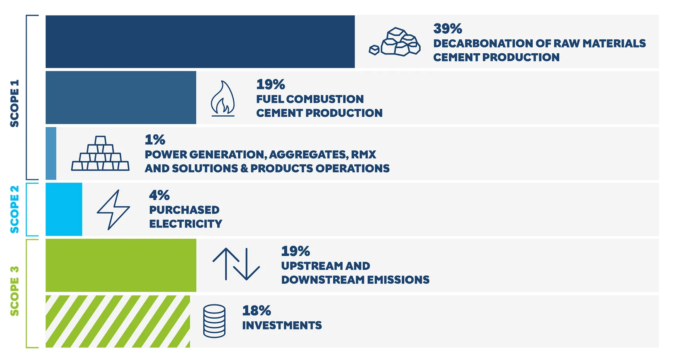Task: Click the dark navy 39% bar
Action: point(200,42)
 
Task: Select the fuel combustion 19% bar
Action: point(121,97)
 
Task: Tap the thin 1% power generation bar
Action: point(51,153)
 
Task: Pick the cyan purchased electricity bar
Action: point(64,209)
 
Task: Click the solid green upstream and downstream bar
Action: point(121,265)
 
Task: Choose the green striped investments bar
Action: point(117,321)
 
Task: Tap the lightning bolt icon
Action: point(113,210)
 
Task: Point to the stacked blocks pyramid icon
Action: point(100,154)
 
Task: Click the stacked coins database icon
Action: point(214,321)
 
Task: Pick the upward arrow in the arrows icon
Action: point(226,264)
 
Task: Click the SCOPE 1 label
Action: point(14,103)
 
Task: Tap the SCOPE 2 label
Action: point(14,209)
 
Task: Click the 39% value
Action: point(447,29)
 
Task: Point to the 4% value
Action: point(159,195)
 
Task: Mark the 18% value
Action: point(256,311)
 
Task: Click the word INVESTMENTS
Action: point(282,326)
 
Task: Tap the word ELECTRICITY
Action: point(186,224)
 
